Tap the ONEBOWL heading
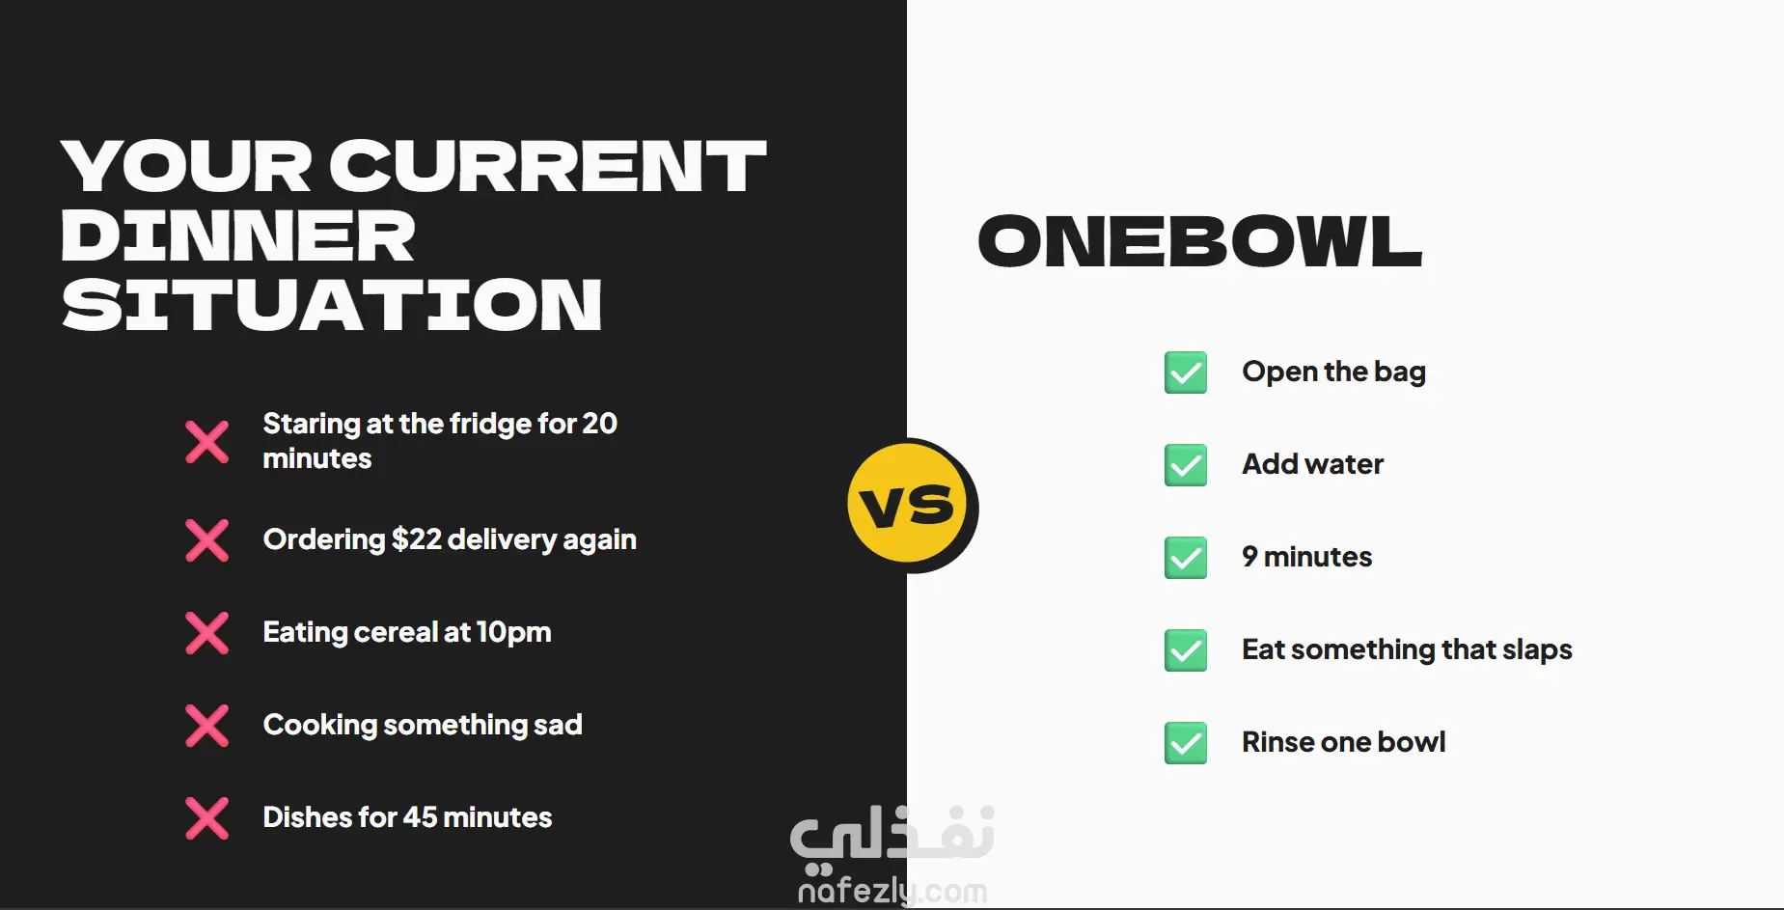1200,241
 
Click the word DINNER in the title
238,235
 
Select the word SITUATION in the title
332,305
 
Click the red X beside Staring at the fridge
207,442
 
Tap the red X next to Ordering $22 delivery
207,540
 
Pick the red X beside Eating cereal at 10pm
207,633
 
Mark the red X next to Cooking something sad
207,726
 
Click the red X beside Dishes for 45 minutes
207,818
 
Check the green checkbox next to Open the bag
1186,372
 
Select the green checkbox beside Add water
1186,465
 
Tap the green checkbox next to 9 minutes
1186,558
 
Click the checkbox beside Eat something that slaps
1186,650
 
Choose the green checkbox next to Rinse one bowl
1186,743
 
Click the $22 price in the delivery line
417,539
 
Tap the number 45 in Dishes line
420,817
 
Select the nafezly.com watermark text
892,890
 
